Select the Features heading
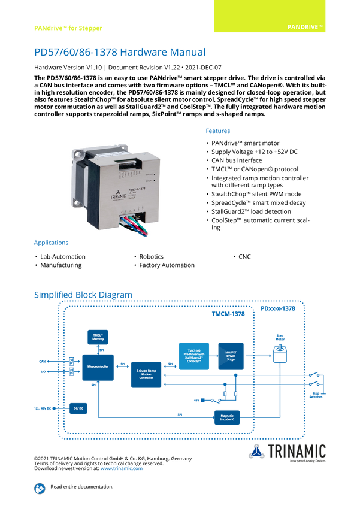click(219, 131)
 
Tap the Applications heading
click(50, 244)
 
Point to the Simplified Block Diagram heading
click(83, 294)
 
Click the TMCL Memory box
click(98, 337)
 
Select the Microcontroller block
click(97, 366)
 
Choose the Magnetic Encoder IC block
click(227, 417)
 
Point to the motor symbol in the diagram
click(279, 353)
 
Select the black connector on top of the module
click(129, 164)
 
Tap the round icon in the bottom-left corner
click(39, 487)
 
